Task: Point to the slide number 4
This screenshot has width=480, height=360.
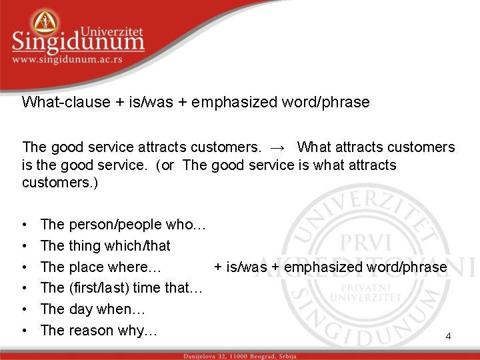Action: coord(448,337)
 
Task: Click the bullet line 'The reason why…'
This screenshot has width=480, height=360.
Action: coord(99,330)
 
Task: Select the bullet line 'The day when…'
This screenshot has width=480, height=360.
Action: coord(93,309)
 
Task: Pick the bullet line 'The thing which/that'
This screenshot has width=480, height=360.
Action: coord(105,245)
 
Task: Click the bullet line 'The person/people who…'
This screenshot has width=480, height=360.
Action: coord(123,225)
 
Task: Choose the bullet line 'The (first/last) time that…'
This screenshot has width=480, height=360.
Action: coord(121,288)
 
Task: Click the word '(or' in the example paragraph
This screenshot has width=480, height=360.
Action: coord(166,165)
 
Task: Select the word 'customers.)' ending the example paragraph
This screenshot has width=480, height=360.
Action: coord(60,182)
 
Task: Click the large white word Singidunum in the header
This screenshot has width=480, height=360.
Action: coord(78,41)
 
